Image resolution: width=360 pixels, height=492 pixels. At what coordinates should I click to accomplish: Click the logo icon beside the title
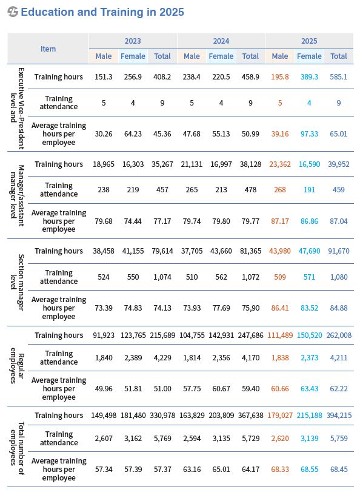[x=13, y=12]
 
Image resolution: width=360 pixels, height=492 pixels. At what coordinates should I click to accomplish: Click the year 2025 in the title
[x=172, y=12]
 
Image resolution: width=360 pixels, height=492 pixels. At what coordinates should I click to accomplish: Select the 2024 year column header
[x=221, y=41]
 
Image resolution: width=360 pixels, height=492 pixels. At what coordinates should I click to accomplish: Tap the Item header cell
[x=48, y=49]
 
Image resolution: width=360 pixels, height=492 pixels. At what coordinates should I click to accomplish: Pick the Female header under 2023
[x=133, y=56]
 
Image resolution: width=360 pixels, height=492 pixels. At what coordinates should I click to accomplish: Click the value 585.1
[x=338, y=77]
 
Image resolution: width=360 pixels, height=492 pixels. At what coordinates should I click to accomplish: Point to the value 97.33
[x=309, y=134]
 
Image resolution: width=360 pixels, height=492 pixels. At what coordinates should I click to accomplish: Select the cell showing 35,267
[x=162, y=164]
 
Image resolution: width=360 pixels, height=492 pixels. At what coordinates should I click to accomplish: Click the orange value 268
[x=280, y=190]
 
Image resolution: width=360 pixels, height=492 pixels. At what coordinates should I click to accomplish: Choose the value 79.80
[x=221, y=221]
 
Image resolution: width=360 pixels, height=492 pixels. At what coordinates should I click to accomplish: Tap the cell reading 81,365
[x=250, y=251]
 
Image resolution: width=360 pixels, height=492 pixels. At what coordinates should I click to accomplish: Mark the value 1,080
[x=339, y=277]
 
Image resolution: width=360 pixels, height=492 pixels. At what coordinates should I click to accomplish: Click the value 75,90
[x=250, y=308]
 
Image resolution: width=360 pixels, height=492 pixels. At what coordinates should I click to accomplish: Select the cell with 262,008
[x=339, y=335]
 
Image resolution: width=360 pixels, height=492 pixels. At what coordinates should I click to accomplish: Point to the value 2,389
[x=133, y=358]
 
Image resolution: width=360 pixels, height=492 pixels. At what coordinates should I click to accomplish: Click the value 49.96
[x=104, y=389]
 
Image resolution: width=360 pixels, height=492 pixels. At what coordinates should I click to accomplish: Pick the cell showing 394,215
[x=339, y=416]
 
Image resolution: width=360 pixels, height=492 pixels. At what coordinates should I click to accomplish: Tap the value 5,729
[x=250, y=439]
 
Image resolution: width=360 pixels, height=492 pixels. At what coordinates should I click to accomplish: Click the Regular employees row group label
[x=17, y=366]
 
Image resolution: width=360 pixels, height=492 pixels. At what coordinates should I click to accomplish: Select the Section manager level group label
[x=17, y=282]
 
